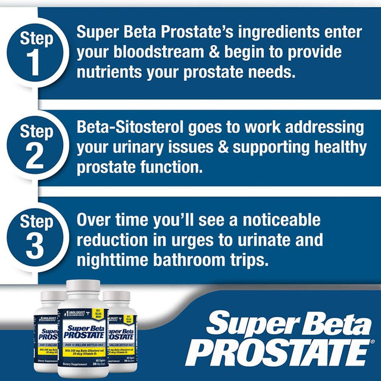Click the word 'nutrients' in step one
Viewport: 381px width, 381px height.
(111, 74)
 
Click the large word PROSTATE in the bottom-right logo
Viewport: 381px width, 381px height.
(280, 352)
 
